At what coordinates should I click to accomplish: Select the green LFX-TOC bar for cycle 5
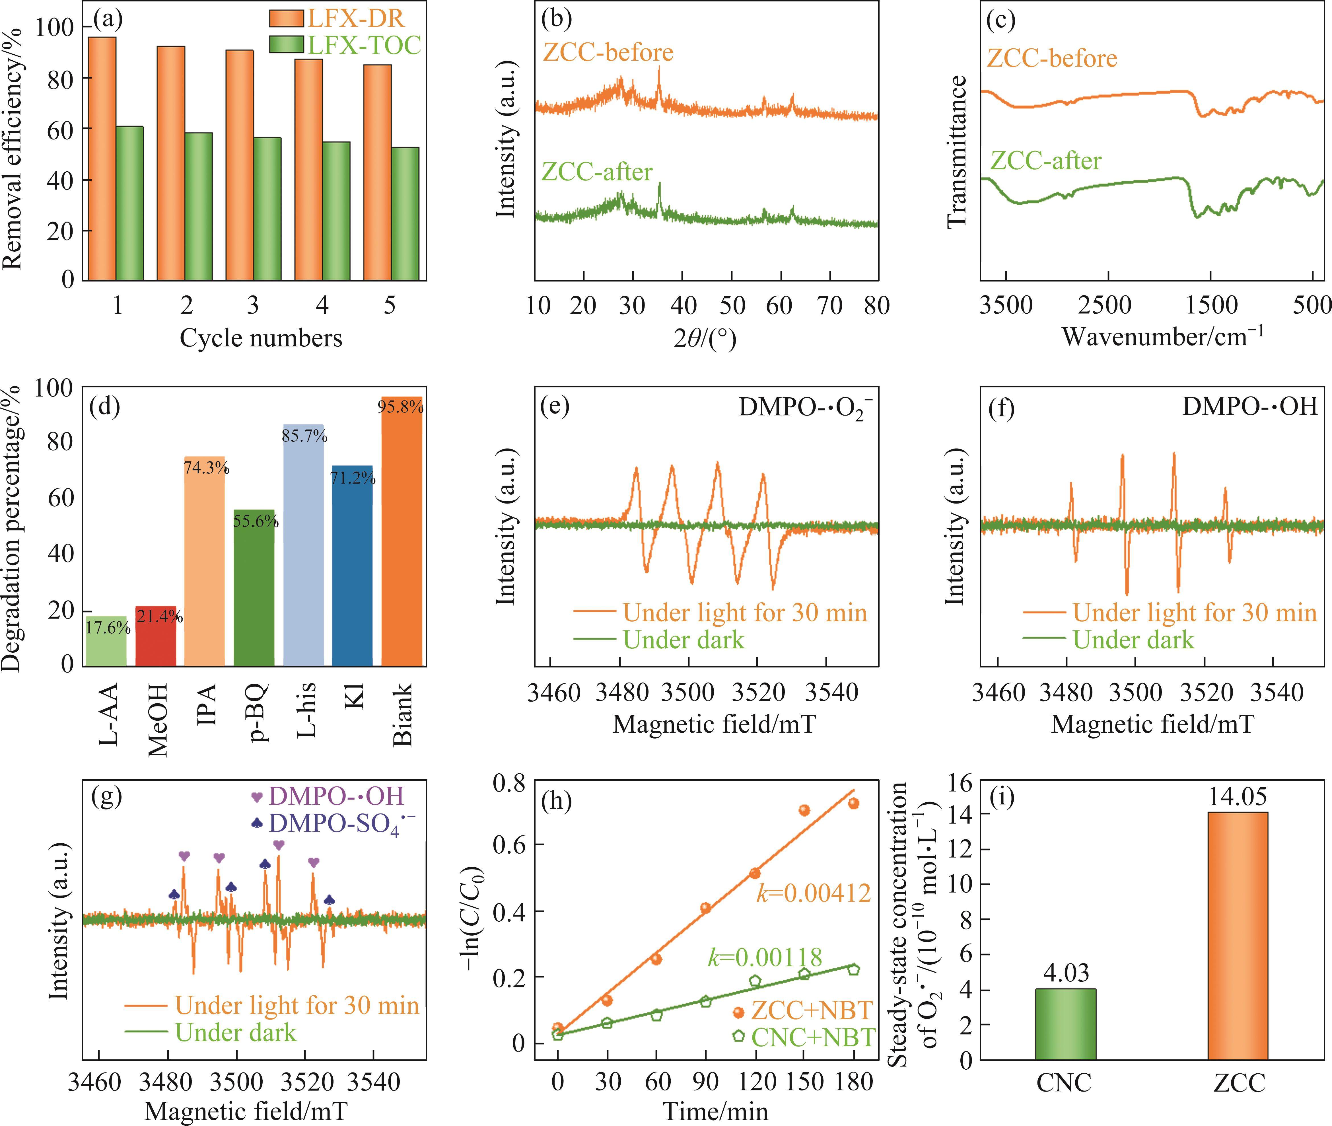pos(405,214)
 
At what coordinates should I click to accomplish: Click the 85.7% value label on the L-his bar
pos(304,437)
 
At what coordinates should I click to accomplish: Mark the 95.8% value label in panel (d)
pos(401,407)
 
